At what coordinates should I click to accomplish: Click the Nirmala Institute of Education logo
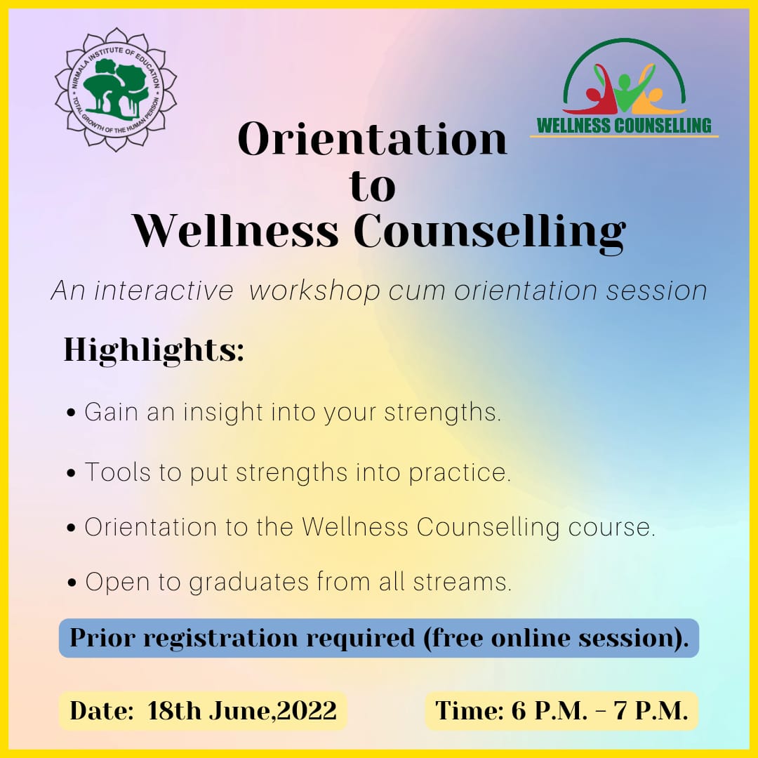coord(116,89)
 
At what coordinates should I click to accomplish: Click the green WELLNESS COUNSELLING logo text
coord(624,125)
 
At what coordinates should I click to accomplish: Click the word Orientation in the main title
coord(373,139)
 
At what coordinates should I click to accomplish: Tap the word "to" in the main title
coord(373,187)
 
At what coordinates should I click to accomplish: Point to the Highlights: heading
coord(154,349)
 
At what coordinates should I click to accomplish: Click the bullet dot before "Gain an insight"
coord(72,413)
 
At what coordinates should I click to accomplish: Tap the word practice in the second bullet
coord(460,473)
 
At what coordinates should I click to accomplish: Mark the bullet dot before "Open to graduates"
coord(72,583)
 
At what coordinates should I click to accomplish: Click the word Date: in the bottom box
coord(102,710)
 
